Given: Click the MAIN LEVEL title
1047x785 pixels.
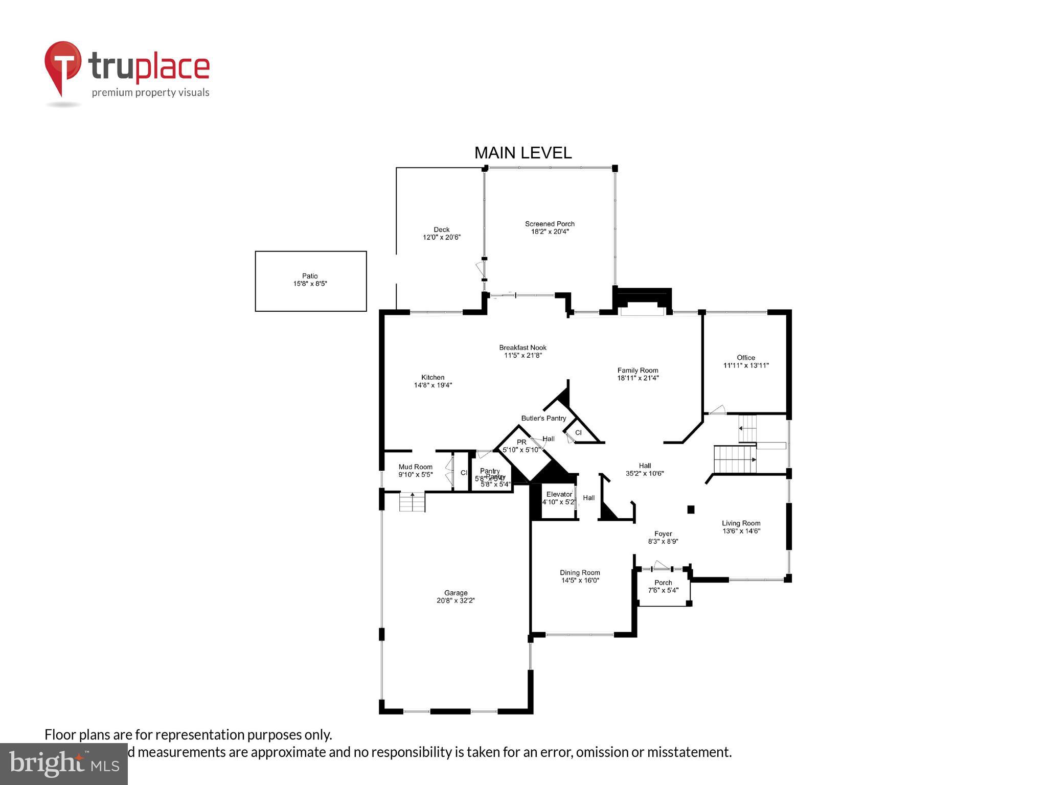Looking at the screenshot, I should pyautogui.click(x=522, y=153).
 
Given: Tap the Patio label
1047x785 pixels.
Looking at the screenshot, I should pyautogui.click(x=310, y=276).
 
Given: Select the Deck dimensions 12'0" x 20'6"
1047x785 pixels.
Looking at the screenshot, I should pyautogui.click(x=441, y=237).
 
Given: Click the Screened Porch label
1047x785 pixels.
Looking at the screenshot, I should pyautogui.click(x=550, y=224).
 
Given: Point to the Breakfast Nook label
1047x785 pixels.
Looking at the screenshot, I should pyautogui.click(x=522, y=348).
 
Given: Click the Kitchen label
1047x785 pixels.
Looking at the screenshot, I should pyautogui.click(x=433, y=377).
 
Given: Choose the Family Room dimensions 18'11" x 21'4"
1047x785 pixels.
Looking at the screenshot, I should pyautogui.click(x=638, y=378).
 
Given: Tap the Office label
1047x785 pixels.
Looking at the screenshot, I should pyautogui.click(x=745, y=358).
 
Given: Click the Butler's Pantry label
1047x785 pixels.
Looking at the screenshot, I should pyautogui.click(x=543, y=418).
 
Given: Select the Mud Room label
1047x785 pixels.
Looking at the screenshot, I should pyautogui.click(x=415, y=467).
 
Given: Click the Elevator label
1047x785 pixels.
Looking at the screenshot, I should pyautogui.click(x=559, y=494).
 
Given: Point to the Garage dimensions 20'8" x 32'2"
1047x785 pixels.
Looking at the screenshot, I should pyautogui.click(x=456, y=601).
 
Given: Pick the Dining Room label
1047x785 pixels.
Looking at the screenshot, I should pyautogui.click(x=580, y=572).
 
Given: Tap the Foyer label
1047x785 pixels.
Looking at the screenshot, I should pyautogui.click(x=663, y=534).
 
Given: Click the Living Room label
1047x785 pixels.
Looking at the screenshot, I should pyautogui.click(x=741, y=523).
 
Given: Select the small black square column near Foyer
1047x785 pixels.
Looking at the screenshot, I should pyautogui.click(x=691, y=509).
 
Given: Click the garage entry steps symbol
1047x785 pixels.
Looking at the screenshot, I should pyautogui.click(x=412, y=502).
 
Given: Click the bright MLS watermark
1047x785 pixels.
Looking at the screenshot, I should pyautogui.click(x=63, y=764).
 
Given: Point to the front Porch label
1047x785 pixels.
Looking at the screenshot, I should pyautogui.click(x=663, y=583).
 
